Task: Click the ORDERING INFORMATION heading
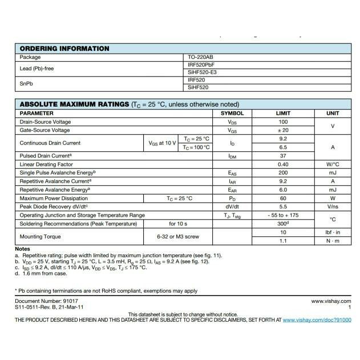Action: (x=64, y=48)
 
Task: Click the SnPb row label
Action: (x=27, y=84)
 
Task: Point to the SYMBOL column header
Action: (x=232, y=113)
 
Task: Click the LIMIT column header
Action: (x=283, y=113)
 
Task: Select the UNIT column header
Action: (x=333, y=113)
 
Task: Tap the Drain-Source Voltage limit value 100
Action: (x=283, y=122)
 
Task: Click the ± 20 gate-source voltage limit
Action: (x=283, y=130)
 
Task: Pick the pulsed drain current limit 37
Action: (x=283, y=156)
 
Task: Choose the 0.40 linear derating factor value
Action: (x=283, y=164)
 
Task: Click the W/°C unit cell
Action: (x=333, y=164)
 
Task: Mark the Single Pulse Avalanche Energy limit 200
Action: (x=283, y=172)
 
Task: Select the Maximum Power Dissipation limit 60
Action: (x=283, y=198)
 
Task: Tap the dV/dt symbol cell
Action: (x=232, y=207)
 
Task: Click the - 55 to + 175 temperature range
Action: (x=283, y=215)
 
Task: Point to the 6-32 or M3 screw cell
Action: (x=178, y=236)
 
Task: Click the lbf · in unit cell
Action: (x=333, y=232)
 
